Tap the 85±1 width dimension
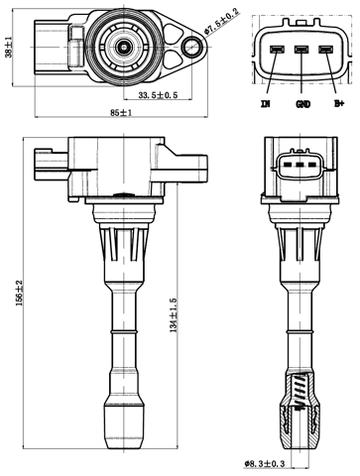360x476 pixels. tap(122, 114)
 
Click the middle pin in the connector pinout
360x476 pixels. tap(301, 50)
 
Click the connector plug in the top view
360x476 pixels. tap(49, 45)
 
